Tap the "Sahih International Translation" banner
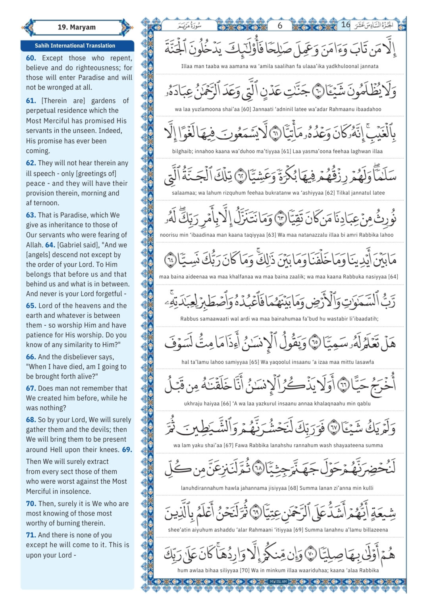pyautogui.click(x=75, y=46)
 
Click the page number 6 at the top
pyautogui.click(x=280, y=25)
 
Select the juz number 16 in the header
pyautogui.click(x=346, y=25)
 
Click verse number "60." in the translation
pyautogui.click(x=31, y=58)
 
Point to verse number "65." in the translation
pyautogui.click(x=31, y=305)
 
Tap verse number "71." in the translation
pyautogui.click(x=31, y=535)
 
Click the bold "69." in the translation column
pyautogui.click(x=127, y=450)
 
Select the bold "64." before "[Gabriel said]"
pyautogui.click(x=50, y=245)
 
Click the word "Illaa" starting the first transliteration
pyautogui.click(x=188, y=66)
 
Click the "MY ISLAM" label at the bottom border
pyautogui.click(x=278, y=582)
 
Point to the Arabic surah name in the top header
pyautogui.click(x=190, y=26)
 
